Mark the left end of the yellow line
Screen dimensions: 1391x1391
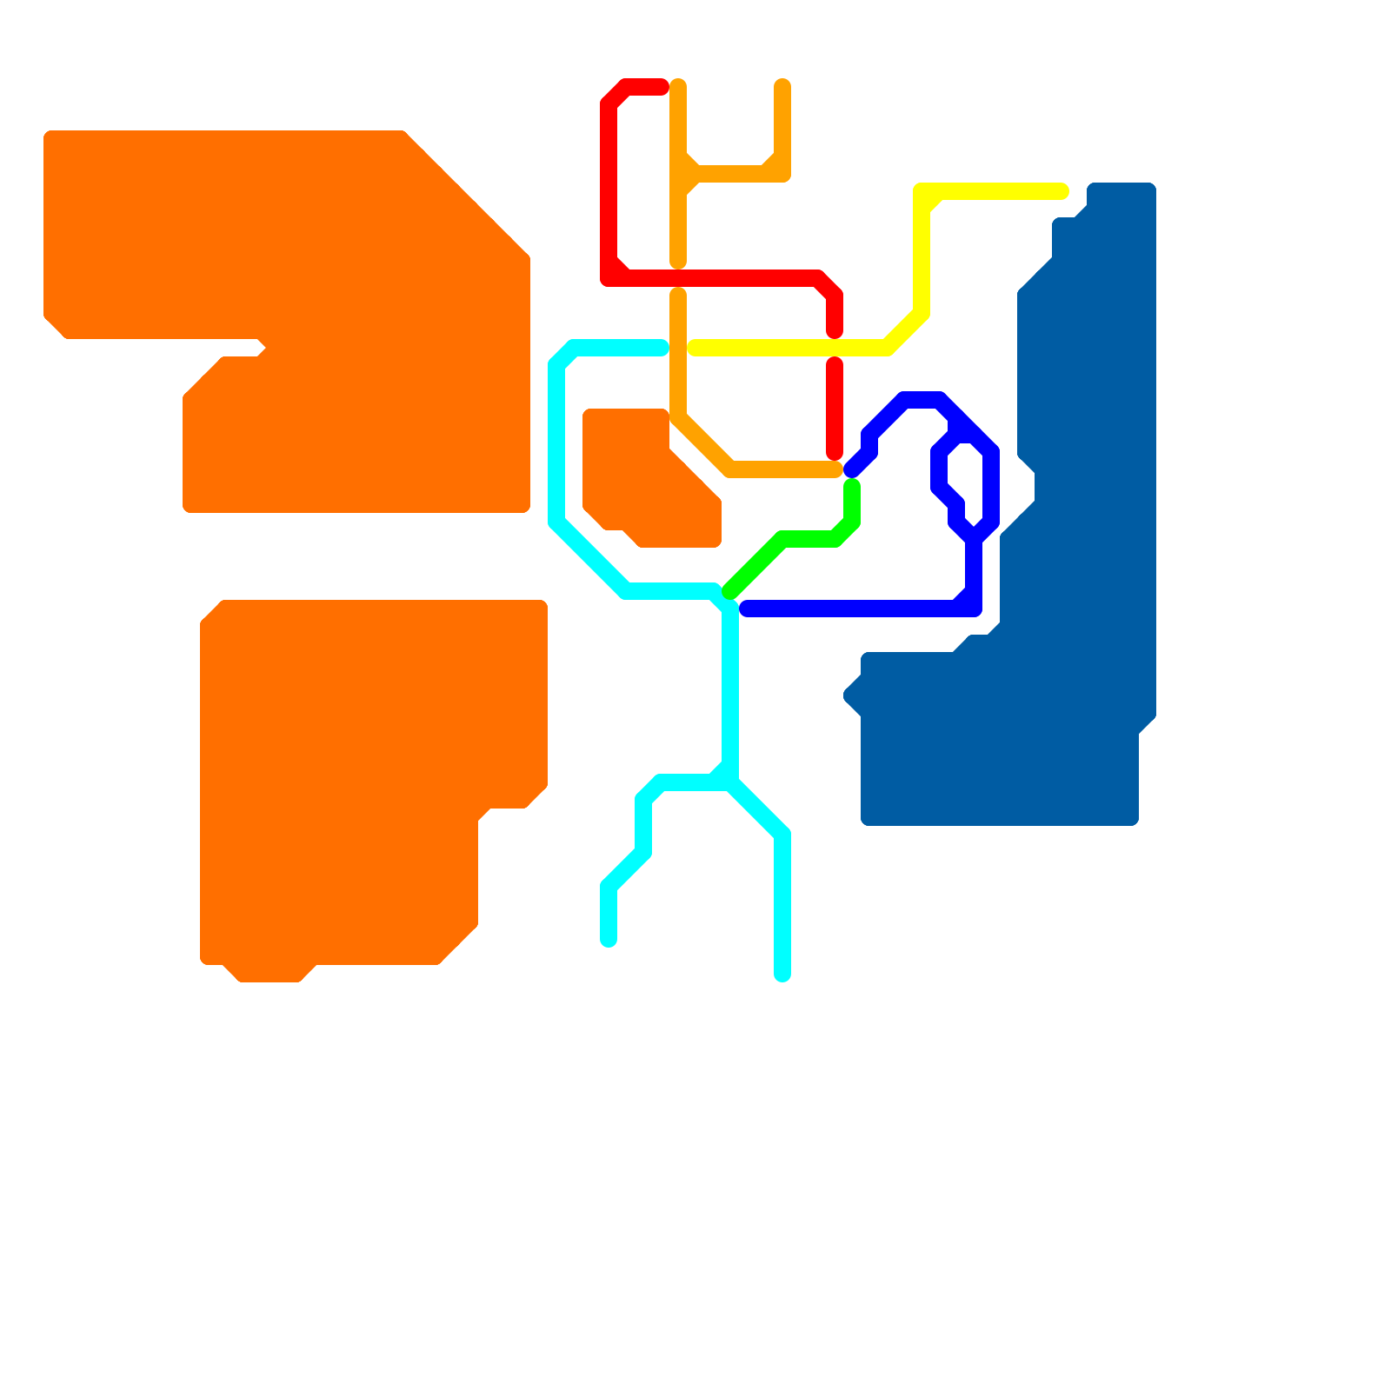click(x=695, y=348)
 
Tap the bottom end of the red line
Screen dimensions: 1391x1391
click(x=835, y=453)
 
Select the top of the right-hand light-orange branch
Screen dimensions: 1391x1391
click(x=782, y=85)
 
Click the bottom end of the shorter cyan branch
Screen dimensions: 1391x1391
click(x=609, y=940)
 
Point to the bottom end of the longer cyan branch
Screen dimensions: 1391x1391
click(x=782, y=975)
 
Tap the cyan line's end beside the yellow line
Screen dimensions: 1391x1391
click(x=662, y=348)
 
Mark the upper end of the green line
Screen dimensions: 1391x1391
click(x=852, y=485)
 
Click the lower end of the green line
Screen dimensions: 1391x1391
click(x=729, y=593)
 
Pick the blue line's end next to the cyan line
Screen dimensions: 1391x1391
click(x=746, y=609)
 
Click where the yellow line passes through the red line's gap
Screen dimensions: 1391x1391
click(x=835, y=348)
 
